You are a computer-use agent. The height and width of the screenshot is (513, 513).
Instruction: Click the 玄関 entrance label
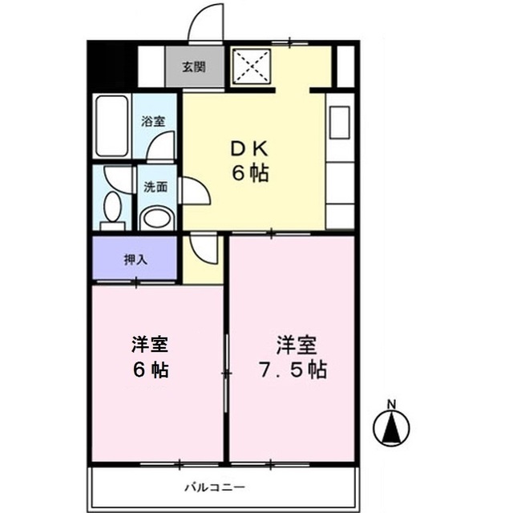point(192,67)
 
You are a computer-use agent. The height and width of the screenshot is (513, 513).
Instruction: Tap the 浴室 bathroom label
point(154,122)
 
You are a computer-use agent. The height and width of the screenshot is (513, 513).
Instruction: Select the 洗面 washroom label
point(156,188)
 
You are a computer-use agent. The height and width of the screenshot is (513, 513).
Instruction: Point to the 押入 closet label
point(135,259)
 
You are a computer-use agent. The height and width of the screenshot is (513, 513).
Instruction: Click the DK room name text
point(249,149)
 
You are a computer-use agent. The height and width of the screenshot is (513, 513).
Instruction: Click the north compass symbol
point(392,429)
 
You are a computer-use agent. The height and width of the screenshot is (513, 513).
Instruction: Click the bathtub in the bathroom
point(110,127)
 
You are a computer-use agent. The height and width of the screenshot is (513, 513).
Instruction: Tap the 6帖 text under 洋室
point(150,371)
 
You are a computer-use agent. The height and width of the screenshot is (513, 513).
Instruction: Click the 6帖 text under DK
point(250,174)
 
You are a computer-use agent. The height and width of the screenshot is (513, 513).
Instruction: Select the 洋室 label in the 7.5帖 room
point(297,346)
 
